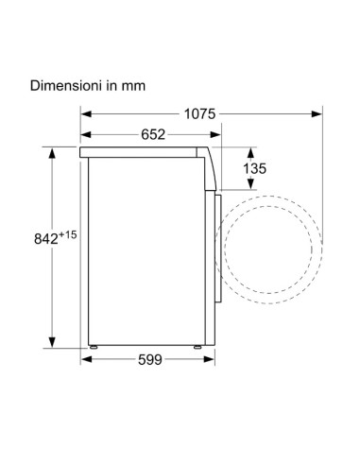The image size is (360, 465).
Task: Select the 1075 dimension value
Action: click(200, 114)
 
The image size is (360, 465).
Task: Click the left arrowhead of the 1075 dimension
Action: click(85, 114)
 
